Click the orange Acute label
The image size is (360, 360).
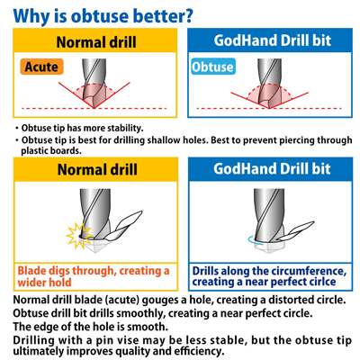click(x=41, y=67)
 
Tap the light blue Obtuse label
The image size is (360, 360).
click(x=213, y=67)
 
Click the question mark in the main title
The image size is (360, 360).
click(x=187, y=15)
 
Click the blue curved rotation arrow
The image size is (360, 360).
click(x=252, y=239)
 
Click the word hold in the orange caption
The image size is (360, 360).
click(x=59, y=283)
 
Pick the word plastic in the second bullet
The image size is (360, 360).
click(x=35, y=150)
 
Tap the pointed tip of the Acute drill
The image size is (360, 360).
click(x=94, y=108)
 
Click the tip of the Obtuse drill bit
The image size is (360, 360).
click(x=269, y=108)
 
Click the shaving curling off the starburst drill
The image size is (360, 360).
click(x=124, y=227)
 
